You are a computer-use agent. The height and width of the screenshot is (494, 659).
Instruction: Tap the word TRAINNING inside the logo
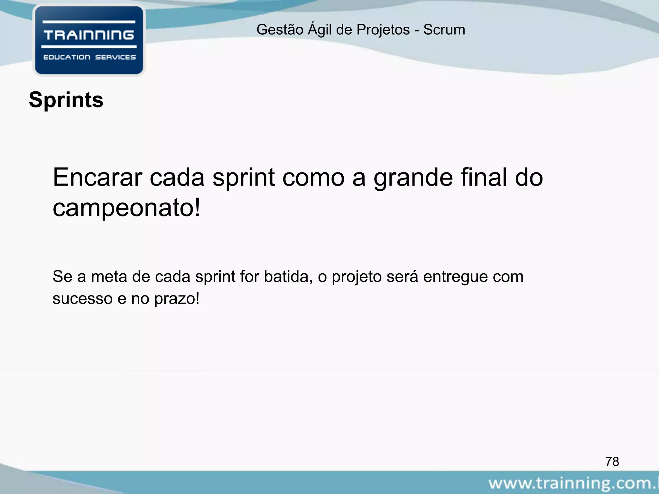coord(89,34)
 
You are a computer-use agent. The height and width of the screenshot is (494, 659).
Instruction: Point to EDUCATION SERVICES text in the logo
coord(89,57)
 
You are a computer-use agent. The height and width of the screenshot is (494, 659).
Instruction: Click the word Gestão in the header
coord(280,30)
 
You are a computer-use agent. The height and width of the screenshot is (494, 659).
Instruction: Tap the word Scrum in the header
coord(444,30)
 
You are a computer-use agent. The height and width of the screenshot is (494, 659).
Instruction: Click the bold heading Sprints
coord(66,100)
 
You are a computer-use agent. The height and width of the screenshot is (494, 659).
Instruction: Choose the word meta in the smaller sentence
coord(109,277)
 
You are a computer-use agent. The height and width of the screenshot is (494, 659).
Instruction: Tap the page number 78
coord(612,462)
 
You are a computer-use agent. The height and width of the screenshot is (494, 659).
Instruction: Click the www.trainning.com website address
coord(573,483)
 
